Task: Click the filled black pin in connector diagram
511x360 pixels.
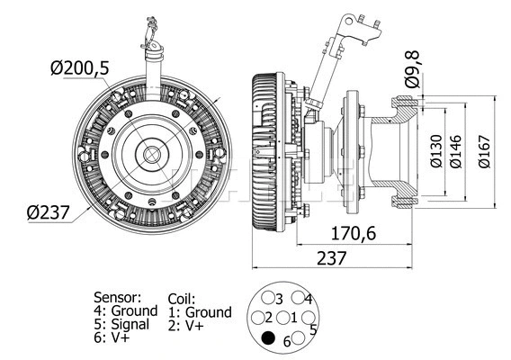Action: point(268,339)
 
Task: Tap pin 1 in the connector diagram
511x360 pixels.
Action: point(293,318)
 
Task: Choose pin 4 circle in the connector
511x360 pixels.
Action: point(300,298)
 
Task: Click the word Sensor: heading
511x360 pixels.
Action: point(118,296)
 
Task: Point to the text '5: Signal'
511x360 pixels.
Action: point(125,324)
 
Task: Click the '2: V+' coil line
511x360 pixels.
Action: point(188,327)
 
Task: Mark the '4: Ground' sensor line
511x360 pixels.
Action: point(126,310)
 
